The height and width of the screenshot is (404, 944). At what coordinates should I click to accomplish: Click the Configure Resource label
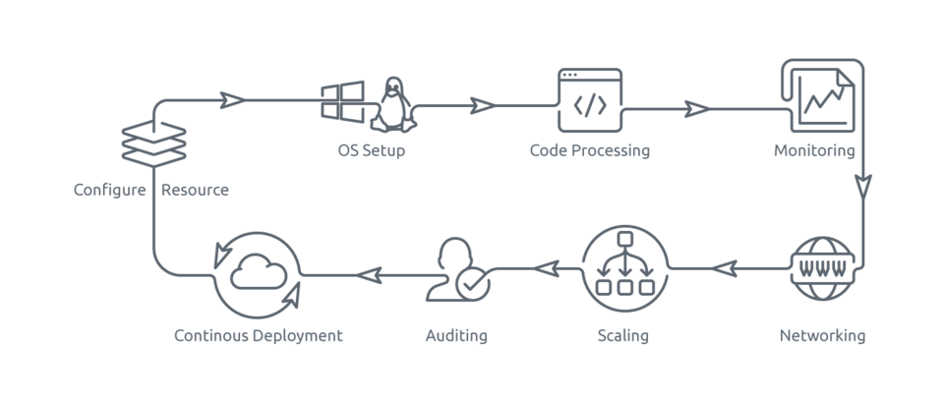(x=151, y=191)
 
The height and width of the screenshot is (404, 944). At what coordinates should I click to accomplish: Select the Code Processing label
(x=590, y=151)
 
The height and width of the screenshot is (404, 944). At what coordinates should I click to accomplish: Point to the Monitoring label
(x=814, y=151)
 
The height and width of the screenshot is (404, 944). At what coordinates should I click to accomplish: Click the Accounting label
(x=822, y=336)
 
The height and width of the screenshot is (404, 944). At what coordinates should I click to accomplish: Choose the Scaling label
(x=623, y=336)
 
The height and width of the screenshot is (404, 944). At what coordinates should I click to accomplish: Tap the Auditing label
(x=456, y=336)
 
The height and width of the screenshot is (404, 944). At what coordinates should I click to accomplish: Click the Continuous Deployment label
(x=258, y=336)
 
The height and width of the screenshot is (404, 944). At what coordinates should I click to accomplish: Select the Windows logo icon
(x=341, y=102)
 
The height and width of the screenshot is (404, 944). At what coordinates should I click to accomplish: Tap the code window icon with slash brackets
(x=590, y=99)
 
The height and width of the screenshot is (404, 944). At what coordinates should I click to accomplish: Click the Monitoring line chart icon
(x=823, y=95)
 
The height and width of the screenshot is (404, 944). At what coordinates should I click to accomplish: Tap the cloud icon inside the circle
(x=259, y=274)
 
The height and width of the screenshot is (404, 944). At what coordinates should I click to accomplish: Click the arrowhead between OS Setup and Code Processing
(x=482, y=105)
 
